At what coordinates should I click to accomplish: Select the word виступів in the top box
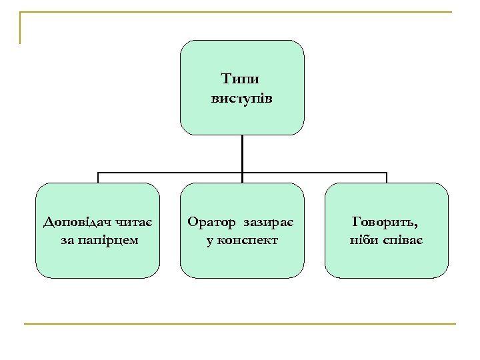tap(242, 98)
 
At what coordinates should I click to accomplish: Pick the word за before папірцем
tap(67, 239)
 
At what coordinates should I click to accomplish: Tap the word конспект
tap(249, 239)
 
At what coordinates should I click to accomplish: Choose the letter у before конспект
tap(210, 239)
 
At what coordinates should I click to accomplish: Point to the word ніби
tap(361, 239)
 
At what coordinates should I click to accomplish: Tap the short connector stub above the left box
tap(98, 178)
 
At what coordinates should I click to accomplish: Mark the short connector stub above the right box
tap(386, 178)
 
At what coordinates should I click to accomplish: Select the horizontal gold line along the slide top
tap(240, 12)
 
